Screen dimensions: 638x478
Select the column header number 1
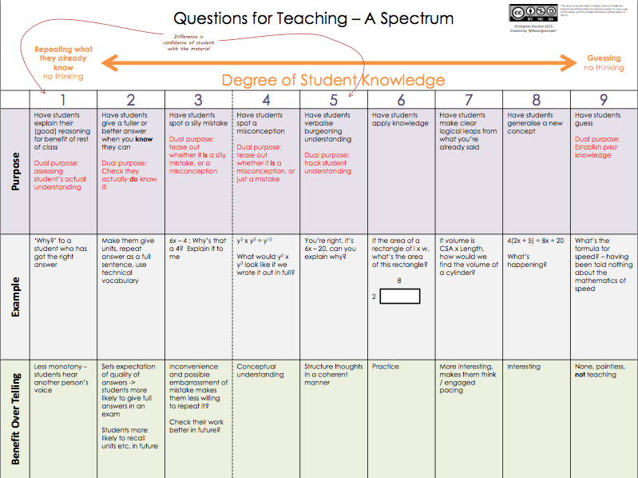[x=62, y=100]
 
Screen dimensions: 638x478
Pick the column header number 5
[x=333, y=100]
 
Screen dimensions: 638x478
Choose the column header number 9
[x=604, y=100]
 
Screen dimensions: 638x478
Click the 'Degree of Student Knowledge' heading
[x=333, y=80]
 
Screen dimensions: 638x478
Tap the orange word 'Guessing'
[x=604, y=58]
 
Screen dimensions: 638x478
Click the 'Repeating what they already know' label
[x=63, y=59]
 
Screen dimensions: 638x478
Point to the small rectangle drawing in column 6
[x=400, y=297]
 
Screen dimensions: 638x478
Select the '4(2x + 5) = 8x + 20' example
[x=535, y=241]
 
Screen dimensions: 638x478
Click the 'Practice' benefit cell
[x=386, y=367]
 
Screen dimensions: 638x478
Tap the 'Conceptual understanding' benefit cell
[x=260, y=371]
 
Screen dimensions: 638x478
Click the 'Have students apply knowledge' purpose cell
[x=400, y=119]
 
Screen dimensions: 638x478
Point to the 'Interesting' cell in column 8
[x=524, y=367]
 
